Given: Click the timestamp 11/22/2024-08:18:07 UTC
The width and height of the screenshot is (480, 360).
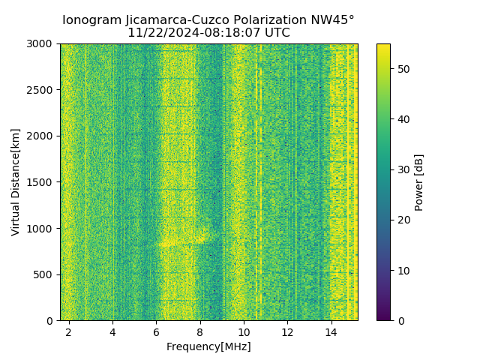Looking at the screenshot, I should [208, 33].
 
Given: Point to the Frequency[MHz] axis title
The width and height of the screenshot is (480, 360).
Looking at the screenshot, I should [208, 346].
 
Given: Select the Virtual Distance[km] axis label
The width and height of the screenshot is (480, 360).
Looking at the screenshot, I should [16, 182].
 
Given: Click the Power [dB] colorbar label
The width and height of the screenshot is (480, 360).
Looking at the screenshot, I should [419, 182].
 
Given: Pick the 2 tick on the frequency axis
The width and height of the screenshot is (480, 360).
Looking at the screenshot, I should [69, 331].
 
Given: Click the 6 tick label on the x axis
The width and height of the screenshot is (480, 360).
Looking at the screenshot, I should [156, 331].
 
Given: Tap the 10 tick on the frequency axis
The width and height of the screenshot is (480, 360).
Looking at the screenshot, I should [244, 331].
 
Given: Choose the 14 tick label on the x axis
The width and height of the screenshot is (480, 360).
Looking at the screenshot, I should [331, 331].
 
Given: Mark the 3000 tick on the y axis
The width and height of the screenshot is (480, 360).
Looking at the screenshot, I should [41, 44].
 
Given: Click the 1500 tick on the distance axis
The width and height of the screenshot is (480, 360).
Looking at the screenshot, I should [41, 182].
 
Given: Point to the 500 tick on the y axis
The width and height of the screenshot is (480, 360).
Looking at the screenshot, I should [44, 274].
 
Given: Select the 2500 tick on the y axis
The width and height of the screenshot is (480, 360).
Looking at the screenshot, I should [41, 90].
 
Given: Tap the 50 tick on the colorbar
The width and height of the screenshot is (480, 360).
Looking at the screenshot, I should [402, 69].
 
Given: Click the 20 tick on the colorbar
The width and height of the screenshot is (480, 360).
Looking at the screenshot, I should [402, 220].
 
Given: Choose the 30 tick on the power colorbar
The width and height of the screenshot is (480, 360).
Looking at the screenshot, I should [402, 169].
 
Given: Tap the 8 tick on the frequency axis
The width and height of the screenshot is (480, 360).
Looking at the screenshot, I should [200, 331].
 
